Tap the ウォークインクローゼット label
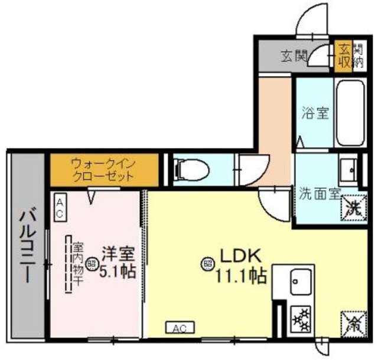pos(102,169)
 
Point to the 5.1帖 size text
pos(118,273)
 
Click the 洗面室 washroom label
pos(319,192)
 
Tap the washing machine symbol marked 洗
pos(354,206)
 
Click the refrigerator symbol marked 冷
pos(353,322)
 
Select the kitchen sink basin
pos(299,280)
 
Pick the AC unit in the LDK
pos(180,327)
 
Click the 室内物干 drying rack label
pos(79,264)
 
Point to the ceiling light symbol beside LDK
pos(208,264)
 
